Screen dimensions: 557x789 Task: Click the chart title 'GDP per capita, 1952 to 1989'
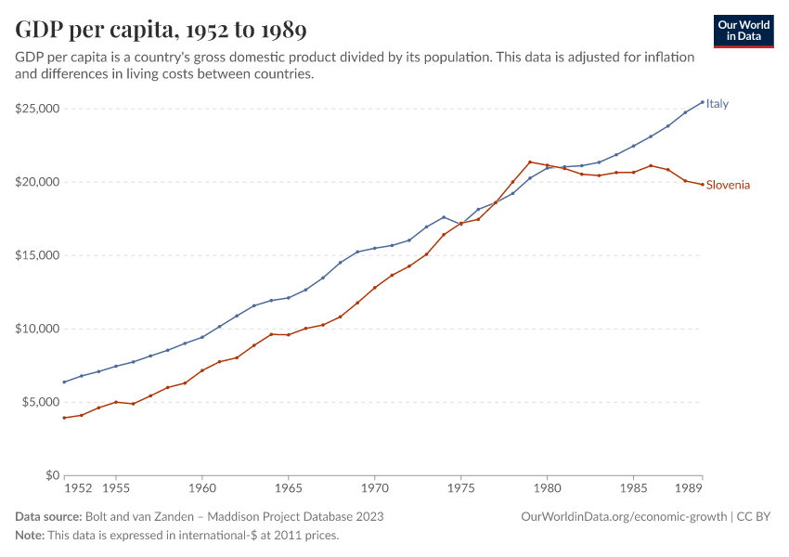(161, 30)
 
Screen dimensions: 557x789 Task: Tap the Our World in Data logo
(743, 31)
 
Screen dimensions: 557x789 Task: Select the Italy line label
(718, 104)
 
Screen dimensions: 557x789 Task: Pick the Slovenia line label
(728, 185)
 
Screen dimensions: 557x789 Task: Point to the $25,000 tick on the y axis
(37, 109)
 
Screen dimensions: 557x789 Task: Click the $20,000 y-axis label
(37, 182)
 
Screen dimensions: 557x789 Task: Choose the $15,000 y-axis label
(37, 255)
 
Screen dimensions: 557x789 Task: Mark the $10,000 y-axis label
(37, 329)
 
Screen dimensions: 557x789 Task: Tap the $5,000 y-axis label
(40, 402)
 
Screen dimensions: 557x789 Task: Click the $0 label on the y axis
(52, 475)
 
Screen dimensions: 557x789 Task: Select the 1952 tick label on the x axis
(78, 487)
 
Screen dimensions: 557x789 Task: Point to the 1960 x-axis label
(202, 487)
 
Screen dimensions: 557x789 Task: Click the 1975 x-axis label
(461, 487)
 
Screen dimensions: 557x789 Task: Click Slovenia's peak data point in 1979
(530, 162)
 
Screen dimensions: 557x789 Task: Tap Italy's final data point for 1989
(703, 102)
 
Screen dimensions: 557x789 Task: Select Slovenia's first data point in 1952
(64, 418)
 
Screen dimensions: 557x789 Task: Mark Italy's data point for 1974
(444, 217)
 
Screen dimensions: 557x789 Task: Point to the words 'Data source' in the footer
(48, 516)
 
